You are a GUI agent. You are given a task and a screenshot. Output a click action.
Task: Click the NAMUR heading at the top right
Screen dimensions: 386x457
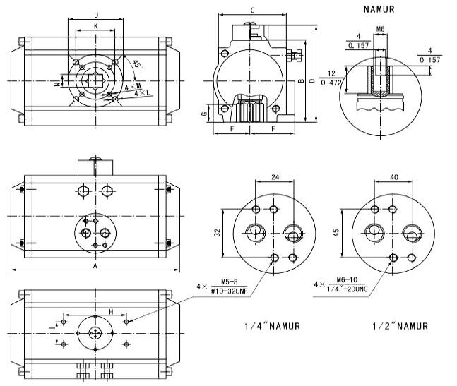coord(378,10)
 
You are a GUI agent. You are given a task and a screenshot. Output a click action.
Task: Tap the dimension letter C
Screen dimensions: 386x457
coord(253,10)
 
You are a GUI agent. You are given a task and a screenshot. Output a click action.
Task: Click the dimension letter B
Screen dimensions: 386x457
coord(302,83)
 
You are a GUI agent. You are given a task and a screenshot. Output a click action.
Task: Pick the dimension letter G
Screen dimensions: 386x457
coord(205,114)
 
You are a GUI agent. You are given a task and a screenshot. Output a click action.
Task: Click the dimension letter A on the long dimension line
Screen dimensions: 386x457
coord(95,265)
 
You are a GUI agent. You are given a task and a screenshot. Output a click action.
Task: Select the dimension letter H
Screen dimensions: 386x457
coord(111,311)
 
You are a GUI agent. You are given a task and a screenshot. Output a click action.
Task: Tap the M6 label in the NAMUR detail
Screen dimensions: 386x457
coord(381,29)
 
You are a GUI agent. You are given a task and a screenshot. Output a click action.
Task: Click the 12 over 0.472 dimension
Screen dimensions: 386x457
coord(330,78)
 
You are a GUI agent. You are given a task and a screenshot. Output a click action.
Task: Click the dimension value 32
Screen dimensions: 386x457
coord(218,232)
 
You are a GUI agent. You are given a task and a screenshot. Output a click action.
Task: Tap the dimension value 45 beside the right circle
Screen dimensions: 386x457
coord(336,232)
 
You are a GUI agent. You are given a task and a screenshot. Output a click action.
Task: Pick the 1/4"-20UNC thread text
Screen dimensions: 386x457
coord(352,288)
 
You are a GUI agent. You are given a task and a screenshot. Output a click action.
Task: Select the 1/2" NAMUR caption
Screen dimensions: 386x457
coord(399,326)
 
